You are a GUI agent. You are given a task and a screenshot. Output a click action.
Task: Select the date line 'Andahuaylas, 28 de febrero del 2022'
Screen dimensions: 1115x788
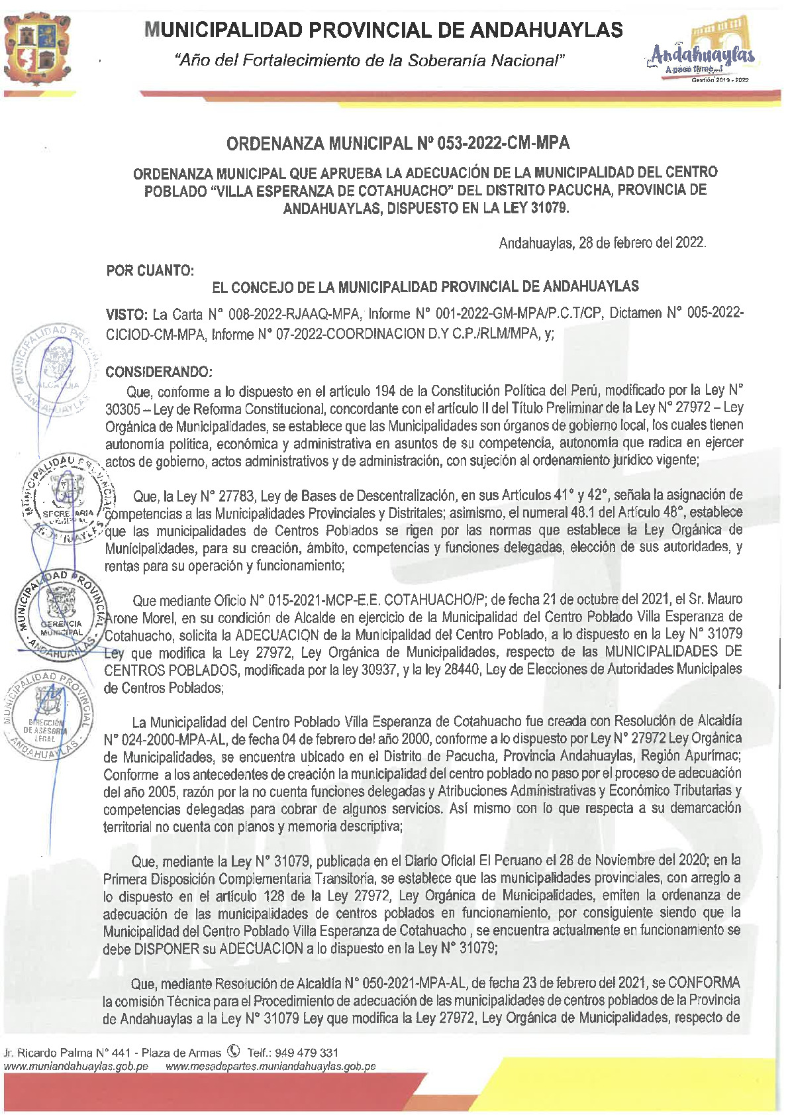pyautogui.click(x=602, y=242)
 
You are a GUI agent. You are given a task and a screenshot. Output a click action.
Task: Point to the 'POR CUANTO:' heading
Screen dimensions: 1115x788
pyautogui.click(x=150, y=270)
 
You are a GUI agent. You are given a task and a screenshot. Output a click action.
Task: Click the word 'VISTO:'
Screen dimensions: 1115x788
pyautogui.click(x=126, y=313)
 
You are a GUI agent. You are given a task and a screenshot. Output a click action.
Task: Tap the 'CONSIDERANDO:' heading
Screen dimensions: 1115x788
pyautogui.click(x=159, y=372)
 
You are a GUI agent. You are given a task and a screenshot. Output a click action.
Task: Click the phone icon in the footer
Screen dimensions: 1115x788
pyautogui.click(x=232, y=1051)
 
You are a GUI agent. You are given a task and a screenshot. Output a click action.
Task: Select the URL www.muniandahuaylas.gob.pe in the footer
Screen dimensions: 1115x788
pyautogui.click(x=75, y=1067)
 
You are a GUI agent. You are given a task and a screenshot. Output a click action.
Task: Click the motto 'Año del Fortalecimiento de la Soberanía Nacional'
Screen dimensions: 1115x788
pyautogui.click(x=368, y=61)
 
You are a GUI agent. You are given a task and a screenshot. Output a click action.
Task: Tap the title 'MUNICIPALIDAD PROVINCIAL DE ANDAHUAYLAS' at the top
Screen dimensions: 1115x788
pyautogui.click(x=383, y=30)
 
